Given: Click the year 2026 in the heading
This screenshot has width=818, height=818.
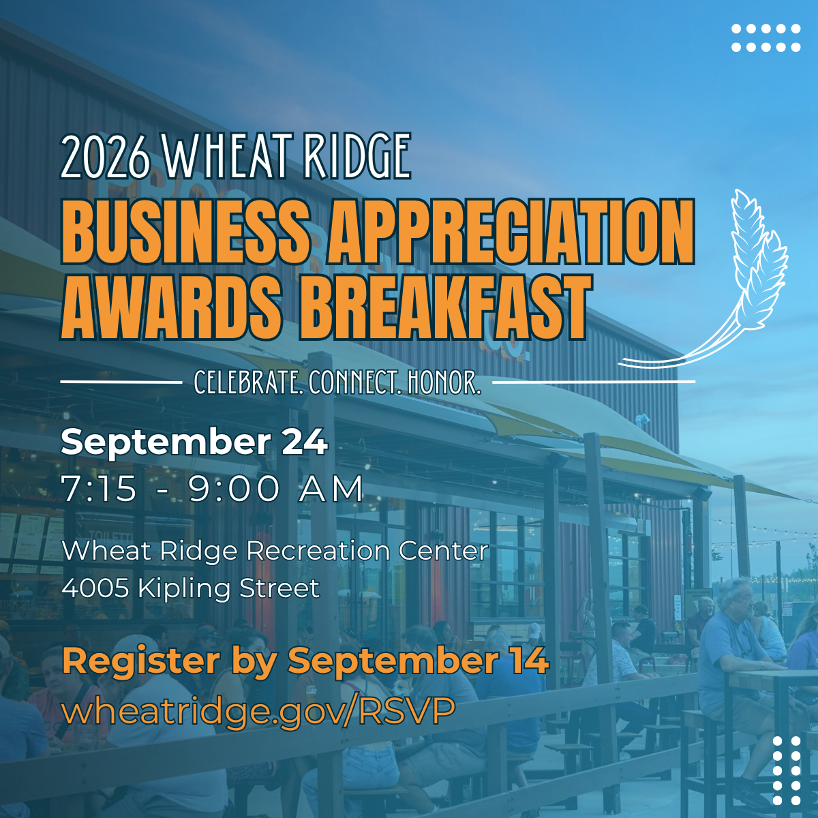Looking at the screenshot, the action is pyautogui.click(x=106, y=156).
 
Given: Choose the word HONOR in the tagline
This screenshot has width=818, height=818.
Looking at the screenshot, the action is pyautogui.click(x=444, y=382).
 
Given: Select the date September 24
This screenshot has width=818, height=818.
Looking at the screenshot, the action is pyautogui.click(x=194, y=443).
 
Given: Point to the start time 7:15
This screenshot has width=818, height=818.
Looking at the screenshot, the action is pyautogui.click(x=99, y=489).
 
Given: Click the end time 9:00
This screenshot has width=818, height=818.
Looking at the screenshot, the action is pyautogui.click(x=234, y=489).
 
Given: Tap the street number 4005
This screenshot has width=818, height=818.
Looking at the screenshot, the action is pyautogui.click(x=95, y=588).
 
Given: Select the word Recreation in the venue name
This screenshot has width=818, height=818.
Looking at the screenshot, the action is pyautogui.click(x=318, y=551).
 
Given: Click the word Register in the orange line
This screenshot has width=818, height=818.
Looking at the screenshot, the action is pyautogui.click(x=141, y=662).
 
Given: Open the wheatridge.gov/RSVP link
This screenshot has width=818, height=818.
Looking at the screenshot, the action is pyautogui.click(x=259, y=710).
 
